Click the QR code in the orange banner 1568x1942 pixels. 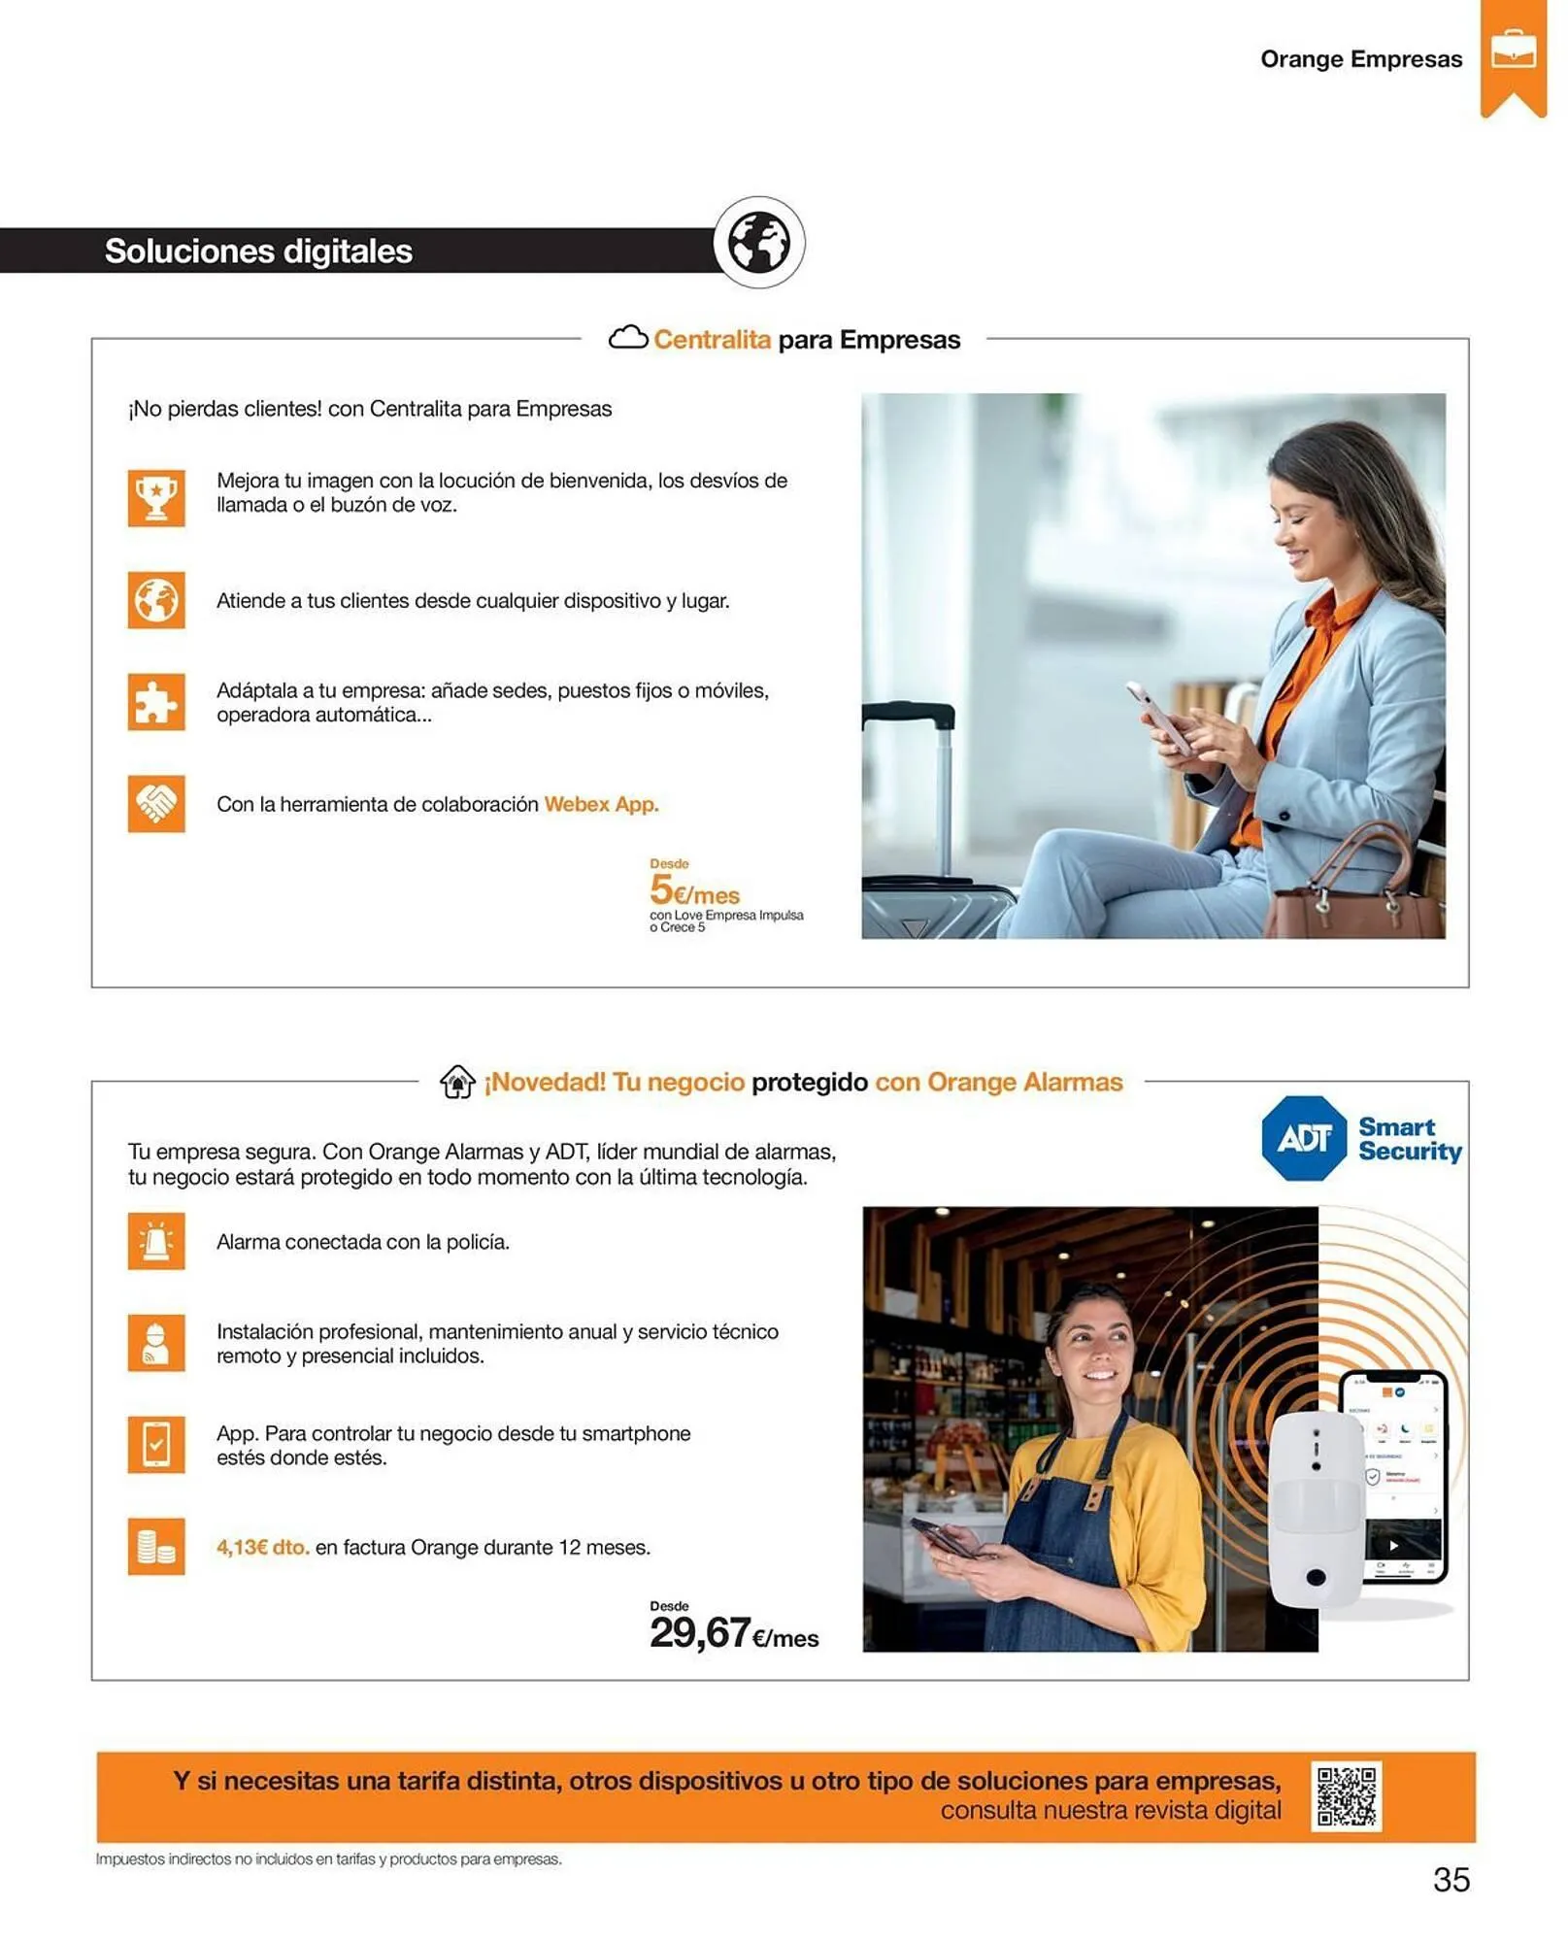[1346, 1796]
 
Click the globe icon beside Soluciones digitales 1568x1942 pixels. [759, 243]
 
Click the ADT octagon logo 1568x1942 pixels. [1304, 1138]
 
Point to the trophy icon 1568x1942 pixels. [156, 497]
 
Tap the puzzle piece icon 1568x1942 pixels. [156, 701]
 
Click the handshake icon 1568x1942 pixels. [156, 803]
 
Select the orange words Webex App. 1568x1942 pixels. [601, 804]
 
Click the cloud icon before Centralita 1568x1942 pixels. [628, 338]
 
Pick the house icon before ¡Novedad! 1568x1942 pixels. [457, 1082]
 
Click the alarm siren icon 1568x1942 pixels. [156, 1241]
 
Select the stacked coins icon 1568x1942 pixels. [156, 1546]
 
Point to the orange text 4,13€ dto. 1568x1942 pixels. [263, 1547]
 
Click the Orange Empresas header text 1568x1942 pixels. [1361, 59]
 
